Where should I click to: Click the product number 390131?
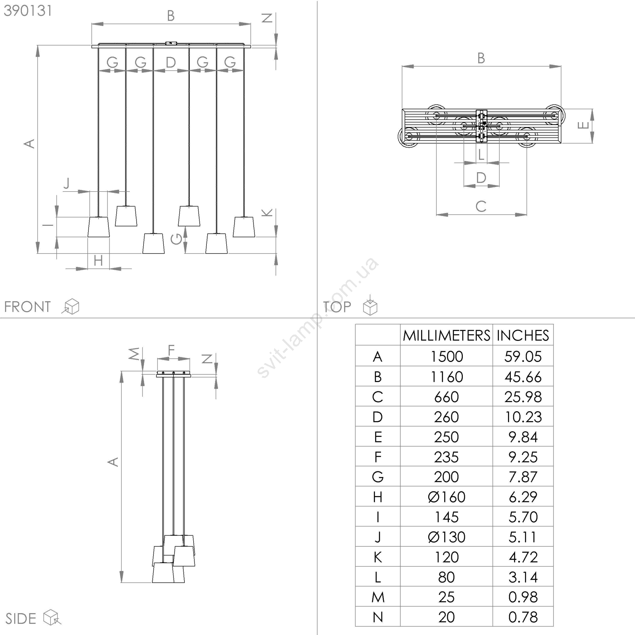tap(28, 11)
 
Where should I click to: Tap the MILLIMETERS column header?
tap(446, 336)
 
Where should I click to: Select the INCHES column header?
tap(523, 336)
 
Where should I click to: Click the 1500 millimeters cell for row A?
tap(447, 356)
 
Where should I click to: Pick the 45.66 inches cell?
tap(523, 377)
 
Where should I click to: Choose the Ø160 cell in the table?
tap(446, 497)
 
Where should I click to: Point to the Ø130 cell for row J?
tap(446, 537)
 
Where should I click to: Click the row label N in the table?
tap(378, 617)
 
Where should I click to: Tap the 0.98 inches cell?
tap(523, 597)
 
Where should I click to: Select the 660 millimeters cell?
tap(446, 397)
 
